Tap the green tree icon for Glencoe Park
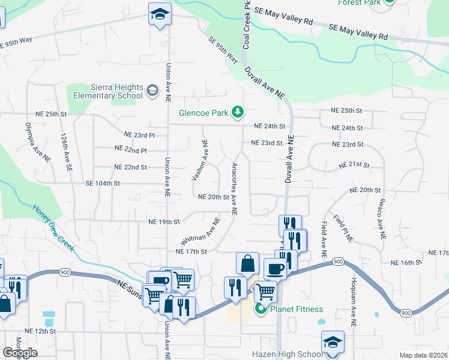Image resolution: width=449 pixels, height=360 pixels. click(238, 112)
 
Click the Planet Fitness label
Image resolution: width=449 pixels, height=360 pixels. click(297, 310)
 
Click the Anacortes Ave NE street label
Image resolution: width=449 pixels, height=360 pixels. click(234, 188)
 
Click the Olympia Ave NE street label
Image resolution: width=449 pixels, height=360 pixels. click(38, 142)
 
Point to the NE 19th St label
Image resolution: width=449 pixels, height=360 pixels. click(164, 222)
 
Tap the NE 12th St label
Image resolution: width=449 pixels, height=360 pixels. click(40, 331)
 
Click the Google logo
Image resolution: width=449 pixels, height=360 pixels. click(20, 353)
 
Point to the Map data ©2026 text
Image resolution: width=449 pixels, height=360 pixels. click(423, 355)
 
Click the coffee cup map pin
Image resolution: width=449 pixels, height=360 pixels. click(276, 269)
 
